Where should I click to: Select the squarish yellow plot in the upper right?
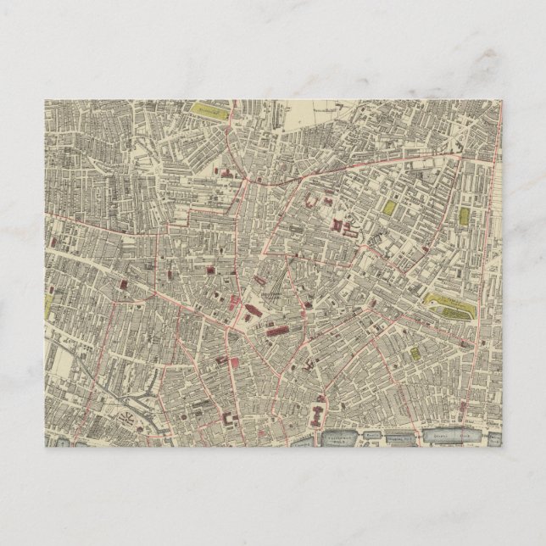pyautogui.click(x=389, y=207)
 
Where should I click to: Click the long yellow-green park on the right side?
pyautogui.click(x=448, y=303)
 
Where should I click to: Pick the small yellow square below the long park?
pyautogui.click(x=415, y=354)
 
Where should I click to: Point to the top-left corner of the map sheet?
pyautogui.click(x=46, y=100)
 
